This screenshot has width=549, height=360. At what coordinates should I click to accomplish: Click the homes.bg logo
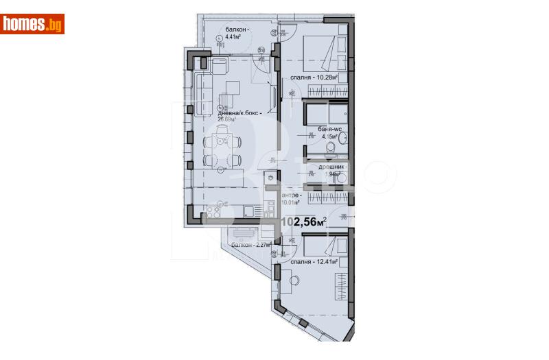click(x=32, y=24)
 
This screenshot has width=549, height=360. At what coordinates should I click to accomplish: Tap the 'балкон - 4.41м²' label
click(x=236, y=32)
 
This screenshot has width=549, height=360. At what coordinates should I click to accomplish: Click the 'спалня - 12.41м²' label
click(x=316, y=261)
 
